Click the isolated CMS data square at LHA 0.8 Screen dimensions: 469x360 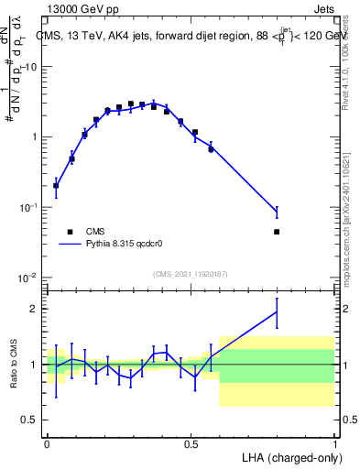(x=277, y=232)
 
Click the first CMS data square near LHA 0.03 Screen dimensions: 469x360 (x=56, y=186)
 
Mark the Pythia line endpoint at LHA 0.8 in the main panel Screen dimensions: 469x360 (x=277, y=213)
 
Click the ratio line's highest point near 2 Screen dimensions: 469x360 (x=277, y=312)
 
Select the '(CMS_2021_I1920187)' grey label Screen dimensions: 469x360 (x=191, y=274)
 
